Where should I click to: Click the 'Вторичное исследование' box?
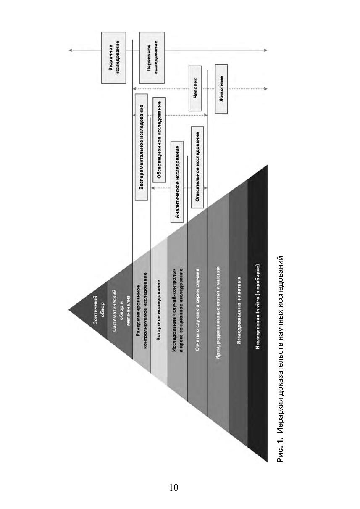click(114, 57)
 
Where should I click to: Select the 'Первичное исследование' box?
click(152, 57)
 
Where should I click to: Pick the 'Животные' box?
click(221, 89)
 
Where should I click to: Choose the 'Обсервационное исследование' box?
click(159, 138)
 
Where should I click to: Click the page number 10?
click(173, 487)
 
